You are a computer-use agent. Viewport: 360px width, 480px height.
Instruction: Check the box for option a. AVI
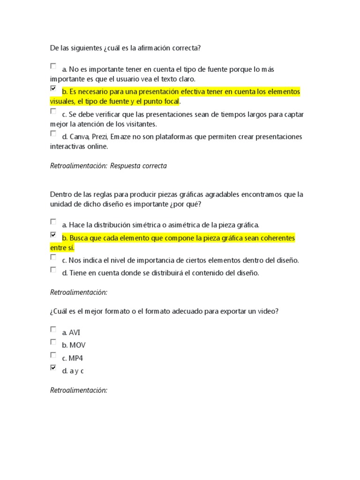coord(53,330)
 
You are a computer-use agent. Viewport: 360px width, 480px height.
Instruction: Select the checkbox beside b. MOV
coord(53,342)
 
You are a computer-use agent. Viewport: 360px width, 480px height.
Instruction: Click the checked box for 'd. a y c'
coord(53,368)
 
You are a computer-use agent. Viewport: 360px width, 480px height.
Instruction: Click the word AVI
coord(75,333)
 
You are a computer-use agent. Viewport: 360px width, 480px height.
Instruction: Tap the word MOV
coord(77,345)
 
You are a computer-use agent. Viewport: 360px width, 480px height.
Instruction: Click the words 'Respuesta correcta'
coord(138,165)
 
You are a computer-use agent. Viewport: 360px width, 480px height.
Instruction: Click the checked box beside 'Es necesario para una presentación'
coord(53,88)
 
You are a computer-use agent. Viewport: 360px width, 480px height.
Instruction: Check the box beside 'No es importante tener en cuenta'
coord(53,66)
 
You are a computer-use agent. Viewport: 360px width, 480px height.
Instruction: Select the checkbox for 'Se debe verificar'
coord(53,112)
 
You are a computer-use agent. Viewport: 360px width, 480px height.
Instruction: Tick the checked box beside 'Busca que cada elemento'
coord(53,235)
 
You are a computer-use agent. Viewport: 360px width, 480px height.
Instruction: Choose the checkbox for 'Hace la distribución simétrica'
coord(53,222)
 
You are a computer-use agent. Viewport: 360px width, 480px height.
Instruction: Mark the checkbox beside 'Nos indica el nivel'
coord(53,257)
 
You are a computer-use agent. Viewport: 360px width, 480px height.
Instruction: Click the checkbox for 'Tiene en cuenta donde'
coord(53,270)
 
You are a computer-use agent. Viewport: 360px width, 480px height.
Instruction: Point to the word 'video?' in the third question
coord(268,311)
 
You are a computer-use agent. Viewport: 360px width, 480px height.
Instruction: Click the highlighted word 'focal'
coord(171,101)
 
